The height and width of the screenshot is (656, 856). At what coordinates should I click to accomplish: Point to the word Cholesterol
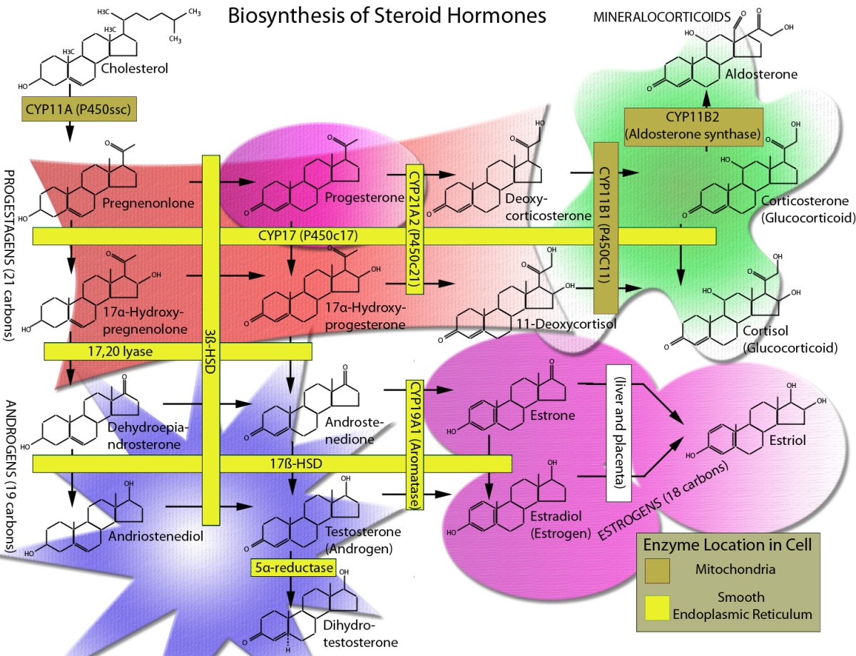(134, 69)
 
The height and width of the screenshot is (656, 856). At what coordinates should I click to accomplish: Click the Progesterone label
(365, 197)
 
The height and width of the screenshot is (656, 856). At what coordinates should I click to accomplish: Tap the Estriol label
(788, 441)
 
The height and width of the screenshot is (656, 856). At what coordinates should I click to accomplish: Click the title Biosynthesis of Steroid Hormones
(387, 16)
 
